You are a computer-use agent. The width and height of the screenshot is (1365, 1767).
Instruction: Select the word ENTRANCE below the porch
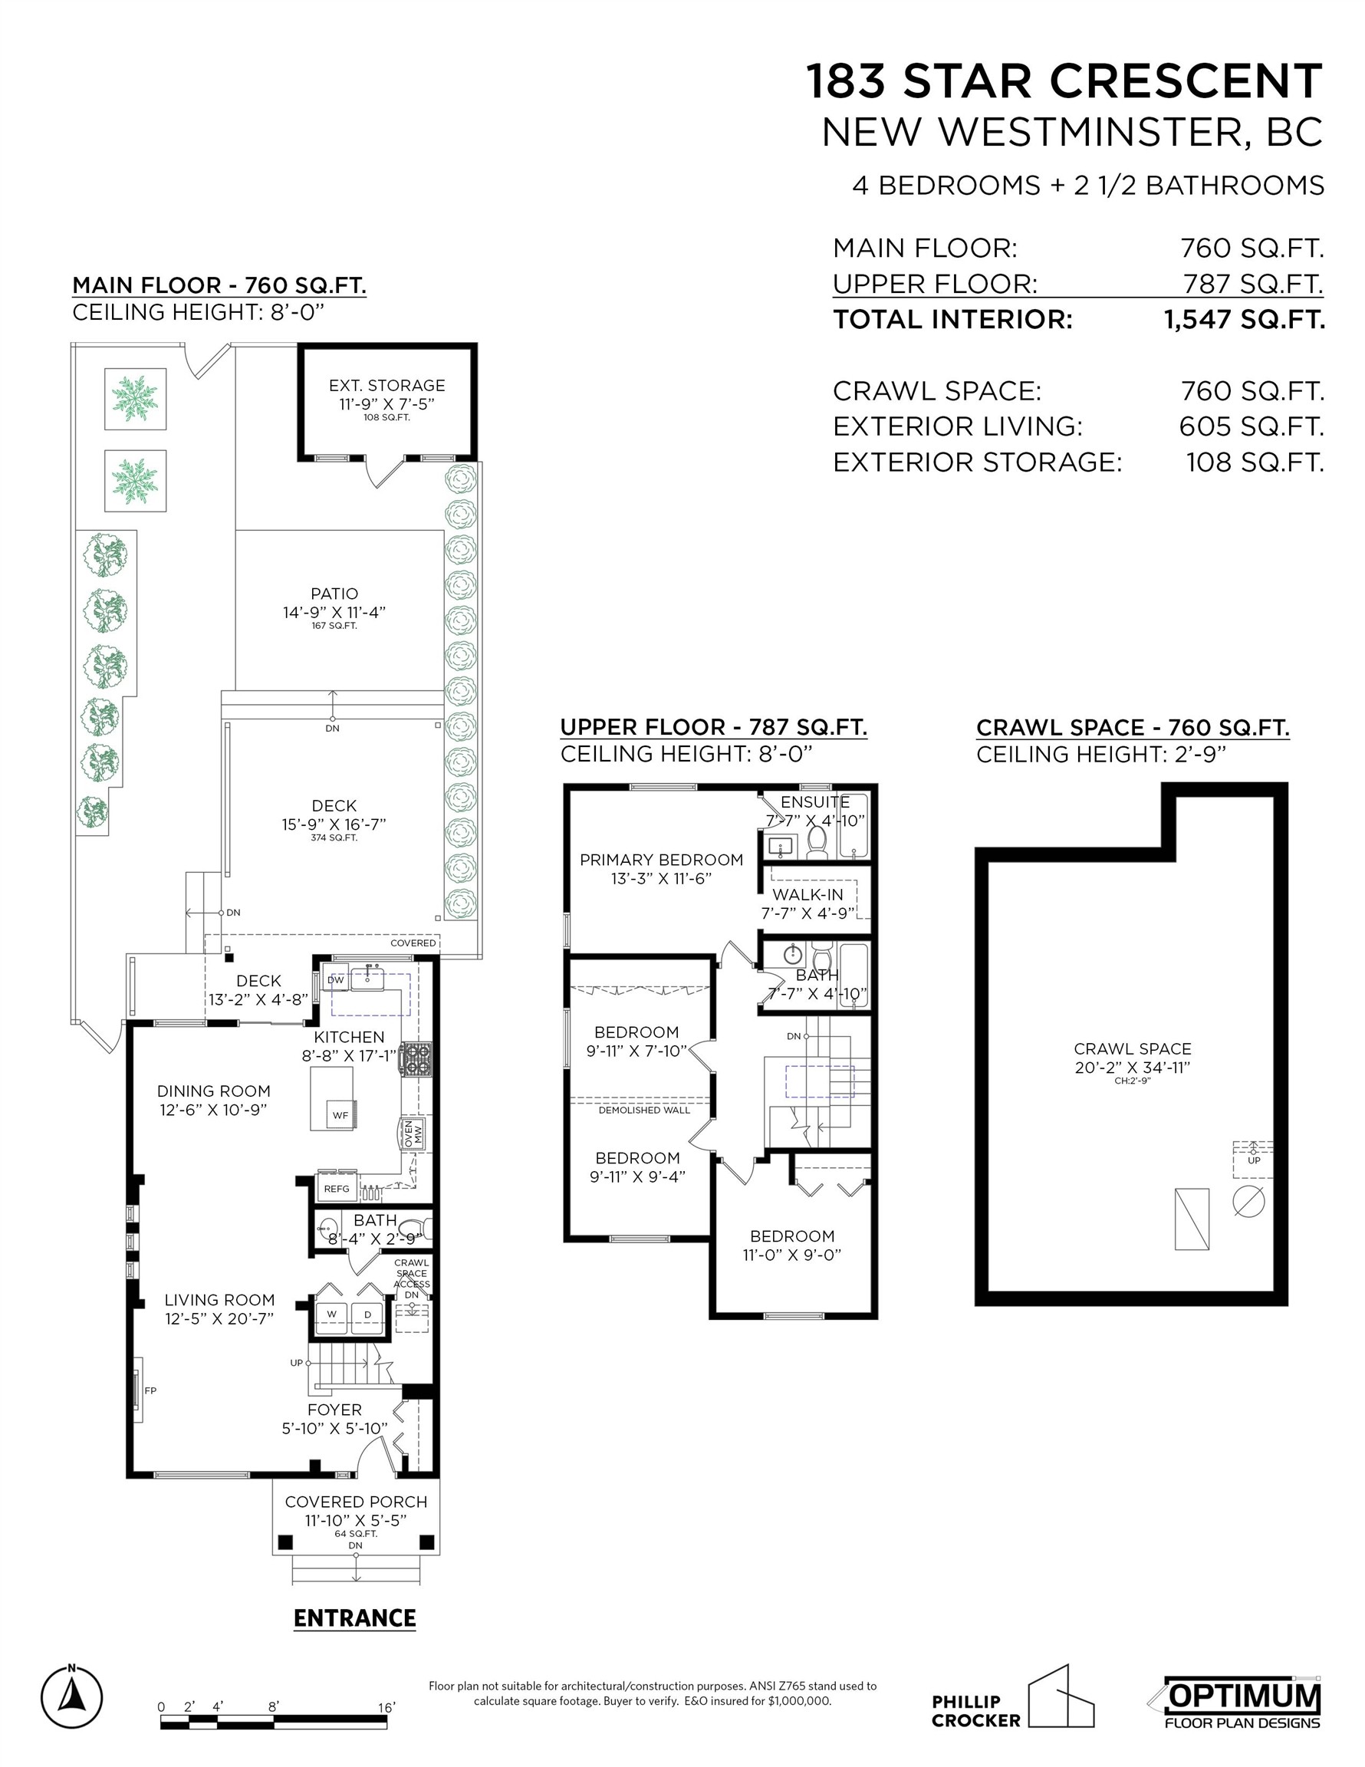coord(354,1618)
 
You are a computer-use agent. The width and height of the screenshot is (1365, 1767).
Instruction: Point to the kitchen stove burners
coord(416,1058)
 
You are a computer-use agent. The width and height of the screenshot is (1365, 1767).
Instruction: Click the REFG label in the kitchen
coord(337,1189)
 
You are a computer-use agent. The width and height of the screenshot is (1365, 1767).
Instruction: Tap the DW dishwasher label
coord(335,980)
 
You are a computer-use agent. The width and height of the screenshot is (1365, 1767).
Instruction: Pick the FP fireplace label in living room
coord(150,1390)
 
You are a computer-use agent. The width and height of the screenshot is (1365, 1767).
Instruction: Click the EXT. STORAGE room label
coord(386,385)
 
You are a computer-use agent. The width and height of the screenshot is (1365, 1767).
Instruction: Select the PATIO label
coord(334,594)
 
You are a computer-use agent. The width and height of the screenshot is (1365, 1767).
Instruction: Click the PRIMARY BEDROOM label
coord(661,860)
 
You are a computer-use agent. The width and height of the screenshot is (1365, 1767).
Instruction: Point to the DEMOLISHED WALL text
coord(644,1110)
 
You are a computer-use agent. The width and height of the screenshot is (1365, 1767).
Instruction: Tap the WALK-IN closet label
coord(807,895)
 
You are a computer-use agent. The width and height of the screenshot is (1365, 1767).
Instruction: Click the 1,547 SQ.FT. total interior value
coord(1245,320)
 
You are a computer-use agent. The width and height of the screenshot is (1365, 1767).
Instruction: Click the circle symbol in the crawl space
coord(1248,1201)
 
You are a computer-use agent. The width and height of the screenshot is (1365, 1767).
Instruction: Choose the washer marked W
coord(332,1315)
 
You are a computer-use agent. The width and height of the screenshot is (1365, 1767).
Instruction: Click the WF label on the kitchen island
coord(340,1115)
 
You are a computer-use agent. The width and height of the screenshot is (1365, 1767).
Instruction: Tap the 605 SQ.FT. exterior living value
coord(1251,426)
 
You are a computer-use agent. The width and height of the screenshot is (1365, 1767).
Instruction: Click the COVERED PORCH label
coord(356,1502)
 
